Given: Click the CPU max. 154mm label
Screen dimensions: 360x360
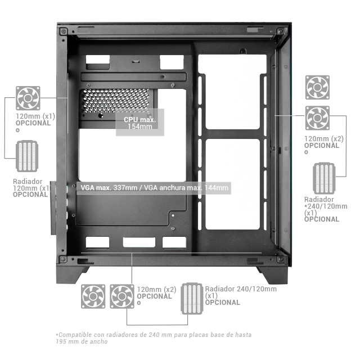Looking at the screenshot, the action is click(140, 123).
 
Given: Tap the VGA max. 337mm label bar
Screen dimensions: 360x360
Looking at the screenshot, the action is click(154, 188).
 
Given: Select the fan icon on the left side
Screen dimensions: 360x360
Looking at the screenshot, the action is click(28, 98).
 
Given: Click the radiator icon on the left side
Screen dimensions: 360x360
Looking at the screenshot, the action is click(27, 156).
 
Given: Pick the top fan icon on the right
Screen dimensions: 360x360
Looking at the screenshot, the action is click(317, 88).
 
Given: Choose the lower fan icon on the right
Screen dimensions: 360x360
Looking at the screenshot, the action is click(317, 118).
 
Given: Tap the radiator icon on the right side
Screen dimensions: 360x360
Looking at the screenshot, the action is click(324, 178).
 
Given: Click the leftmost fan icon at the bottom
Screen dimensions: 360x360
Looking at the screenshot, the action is click(93, 296).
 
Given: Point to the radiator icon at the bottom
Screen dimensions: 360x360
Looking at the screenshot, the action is click(192, 299).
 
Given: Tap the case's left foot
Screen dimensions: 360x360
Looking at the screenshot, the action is click(71, 275).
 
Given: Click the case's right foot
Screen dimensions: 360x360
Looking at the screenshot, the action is click(273, 275).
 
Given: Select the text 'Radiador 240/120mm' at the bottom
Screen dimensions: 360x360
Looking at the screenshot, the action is click(241, 289).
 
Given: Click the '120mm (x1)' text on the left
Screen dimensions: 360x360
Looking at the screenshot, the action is click(35, 116).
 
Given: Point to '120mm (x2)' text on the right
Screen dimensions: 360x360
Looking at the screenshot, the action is click(324, 139).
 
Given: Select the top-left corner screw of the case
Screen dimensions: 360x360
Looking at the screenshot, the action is click(64, 31).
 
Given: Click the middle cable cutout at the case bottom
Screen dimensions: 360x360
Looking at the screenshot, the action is click(139, 242).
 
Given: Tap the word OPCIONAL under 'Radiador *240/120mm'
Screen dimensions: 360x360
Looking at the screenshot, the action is click(322, 219).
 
